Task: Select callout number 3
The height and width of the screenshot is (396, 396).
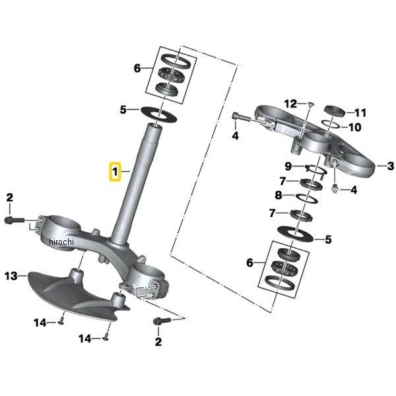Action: pyautogui.click(x=390, y=166)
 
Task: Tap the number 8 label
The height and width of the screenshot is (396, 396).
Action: pyautogui.click(x=279, y=195)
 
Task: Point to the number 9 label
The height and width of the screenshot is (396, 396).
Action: pyautogui.click(x=288, y=166)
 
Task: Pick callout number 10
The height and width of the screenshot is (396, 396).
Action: pyautogui.click(x=354, y=127)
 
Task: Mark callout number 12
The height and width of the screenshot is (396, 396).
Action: pyautogui.click(x=291, y=104)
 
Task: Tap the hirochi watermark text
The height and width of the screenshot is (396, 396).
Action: pyautogui.click(x=61, y=242)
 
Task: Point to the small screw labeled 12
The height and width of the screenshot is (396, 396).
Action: pyautogui.click(x=310, y=104)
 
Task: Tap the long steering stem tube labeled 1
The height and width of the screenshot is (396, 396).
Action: pyautogui.click(x=136, y=185)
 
